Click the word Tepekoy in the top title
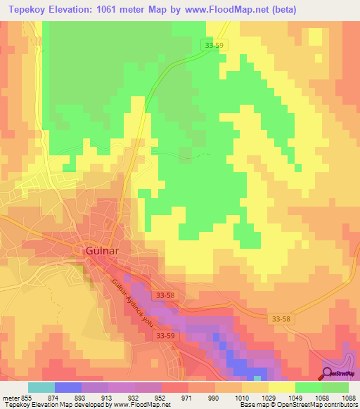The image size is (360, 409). [27, 10]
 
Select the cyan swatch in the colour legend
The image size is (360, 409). [41, 387]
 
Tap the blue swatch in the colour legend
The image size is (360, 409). [68, 387]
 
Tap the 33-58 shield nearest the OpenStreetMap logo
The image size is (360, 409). [281, 319]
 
